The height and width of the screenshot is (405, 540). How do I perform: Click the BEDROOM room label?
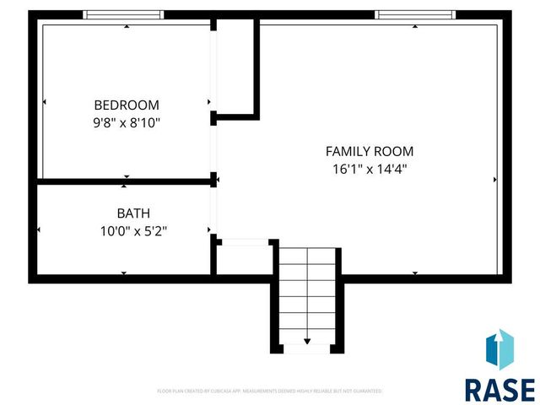(126, 105)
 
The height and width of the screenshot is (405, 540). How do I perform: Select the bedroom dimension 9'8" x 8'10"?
(126, 122)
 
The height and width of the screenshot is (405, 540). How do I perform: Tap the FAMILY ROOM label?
(370, 152)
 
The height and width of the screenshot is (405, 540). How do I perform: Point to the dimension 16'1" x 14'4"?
(370, 169)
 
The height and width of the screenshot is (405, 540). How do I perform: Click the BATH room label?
(133, 213)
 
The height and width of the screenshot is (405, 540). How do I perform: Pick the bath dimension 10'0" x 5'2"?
(133, 230)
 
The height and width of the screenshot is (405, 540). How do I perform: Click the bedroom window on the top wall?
(123, 14)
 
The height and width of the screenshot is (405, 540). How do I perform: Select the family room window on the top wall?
(414, 14)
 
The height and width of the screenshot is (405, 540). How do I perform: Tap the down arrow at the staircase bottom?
(307, 341)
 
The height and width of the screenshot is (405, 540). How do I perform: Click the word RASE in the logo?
(499, 389)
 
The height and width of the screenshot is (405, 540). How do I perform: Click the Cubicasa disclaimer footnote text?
(270, 391)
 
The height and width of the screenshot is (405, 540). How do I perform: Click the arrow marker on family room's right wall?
(494, 180)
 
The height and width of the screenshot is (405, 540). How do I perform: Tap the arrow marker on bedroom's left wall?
(44, 103)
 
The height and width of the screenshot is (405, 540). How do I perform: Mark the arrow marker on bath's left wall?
(38, 229)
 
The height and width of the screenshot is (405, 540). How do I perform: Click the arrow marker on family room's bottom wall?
(414, 273)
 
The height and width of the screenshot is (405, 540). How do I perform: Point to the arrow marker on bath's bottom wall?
(124, 273)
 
